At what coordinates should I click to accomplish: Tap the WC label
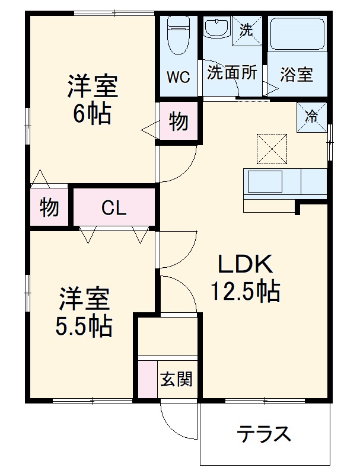click(x=177, y=77)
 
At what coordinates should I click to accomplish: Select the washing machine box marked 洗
click(x=246, y=29)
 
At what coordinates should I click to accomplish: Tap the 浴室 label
click(x=296, y=75)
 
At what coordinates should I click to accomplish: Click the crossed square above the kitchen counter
click(x=272, y=149)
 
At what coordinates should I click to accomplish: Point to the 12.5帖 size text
click(x=245, y=290)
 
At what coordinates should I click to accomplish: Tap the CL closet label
click(x=113, y=208)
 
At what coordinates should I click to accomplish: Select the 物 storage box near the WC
click(x=178, y=122)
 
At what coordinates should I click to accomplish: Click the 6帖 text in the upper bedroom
click(x=92, y=114)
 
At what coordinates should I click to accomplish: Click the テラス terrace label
click(x=265, y=434)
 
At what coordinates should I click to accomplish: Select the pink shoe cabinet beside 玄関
click(x=146, y=379)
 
